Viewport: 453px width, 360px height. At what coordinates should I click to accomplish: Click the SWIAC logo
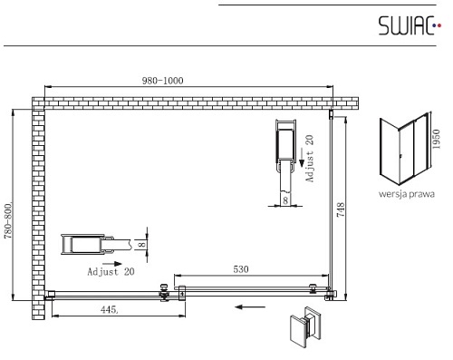coord(410,25)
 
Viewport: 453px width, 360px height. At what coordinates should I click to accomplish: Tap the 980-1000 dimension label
coord(162,81)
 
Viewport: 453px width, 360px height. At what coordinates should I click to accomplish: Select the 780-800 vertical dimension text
coord(8,219)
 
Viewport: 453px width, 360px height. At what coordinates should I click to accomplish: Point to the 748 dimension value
coord(341,210)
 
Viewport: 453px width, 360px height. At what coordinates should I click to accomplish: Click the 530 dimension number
coord(241,269)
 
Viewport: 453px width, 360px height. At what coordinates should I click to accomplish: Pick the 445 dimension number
coord(110,309)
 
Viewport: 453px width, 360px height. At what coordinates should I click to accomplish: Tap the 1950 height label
coord(437,139)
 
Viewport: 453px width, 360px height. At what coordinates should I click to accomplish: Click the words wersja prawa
coord(407,194)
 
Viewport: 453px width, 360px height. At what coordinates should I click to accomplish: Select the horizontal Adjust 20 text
coord(111,272)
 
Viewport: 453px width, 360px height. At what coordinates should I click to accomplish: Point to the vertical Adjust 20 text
coord(310,159)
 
